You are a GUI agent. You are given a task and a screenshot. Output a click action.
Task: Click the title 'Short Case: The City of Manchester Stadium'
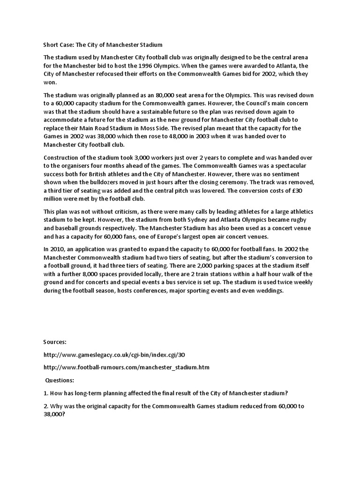coord(103,45)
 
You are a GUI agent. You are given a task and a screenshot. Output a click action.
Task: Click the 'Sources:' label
coord(54,342)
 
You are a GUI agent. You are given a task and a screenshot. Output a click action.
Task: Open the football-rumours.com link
coord(126,367)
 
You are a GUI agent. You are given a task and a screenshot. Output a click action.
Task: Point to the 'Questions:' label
coord(60,380)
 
